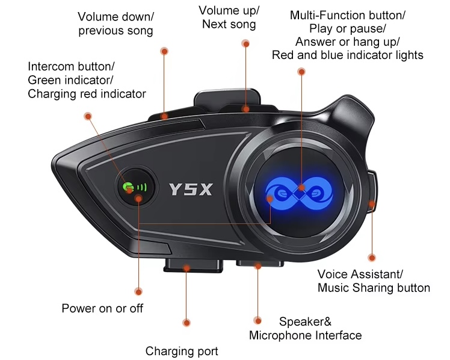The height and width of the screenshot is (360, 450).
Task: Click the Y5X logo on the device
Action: click(191, 189)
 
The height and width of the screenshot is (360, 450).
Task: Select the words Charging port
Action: click(182, 351)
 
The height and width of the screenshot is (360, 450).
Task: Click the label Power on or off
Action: click(102, 308)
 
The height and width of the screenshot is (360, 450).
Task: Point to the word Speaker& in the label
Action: click(305, 321)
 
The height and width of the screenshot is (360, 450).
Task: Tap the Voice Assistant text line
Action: click(360, 274)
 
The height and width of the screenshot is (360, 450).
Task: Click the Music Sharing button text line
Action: click(374, 288)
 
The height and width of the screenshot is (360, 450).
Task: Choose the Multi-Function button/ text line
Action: click(347, 15)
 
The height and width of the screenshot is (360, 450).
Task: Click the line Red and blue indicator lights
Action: click(348, 55)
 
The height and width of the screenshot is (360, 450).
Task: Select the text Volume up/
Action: click(229, 11)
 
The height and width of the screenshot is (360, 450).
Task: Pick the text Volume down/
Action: click(116, 17)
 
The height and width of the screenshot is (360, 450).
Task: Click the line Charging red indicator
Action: click(87, 94)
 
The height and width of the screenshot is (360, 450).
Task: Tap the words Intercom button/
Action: click(71, 67)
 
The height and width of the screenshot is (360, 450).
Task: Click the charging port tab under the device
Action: click(194, 265)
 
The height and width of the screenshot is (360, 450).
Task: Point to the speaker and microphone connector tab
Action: click(260, 263)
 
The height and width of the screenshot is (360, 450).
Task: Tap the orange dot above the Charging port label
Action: click(186, 323)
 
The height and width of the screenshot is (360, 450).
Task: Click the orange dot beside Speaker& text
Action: click(257, 320)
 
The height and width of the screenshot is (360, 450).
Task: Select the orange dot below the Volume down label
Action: click(164, 51)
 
